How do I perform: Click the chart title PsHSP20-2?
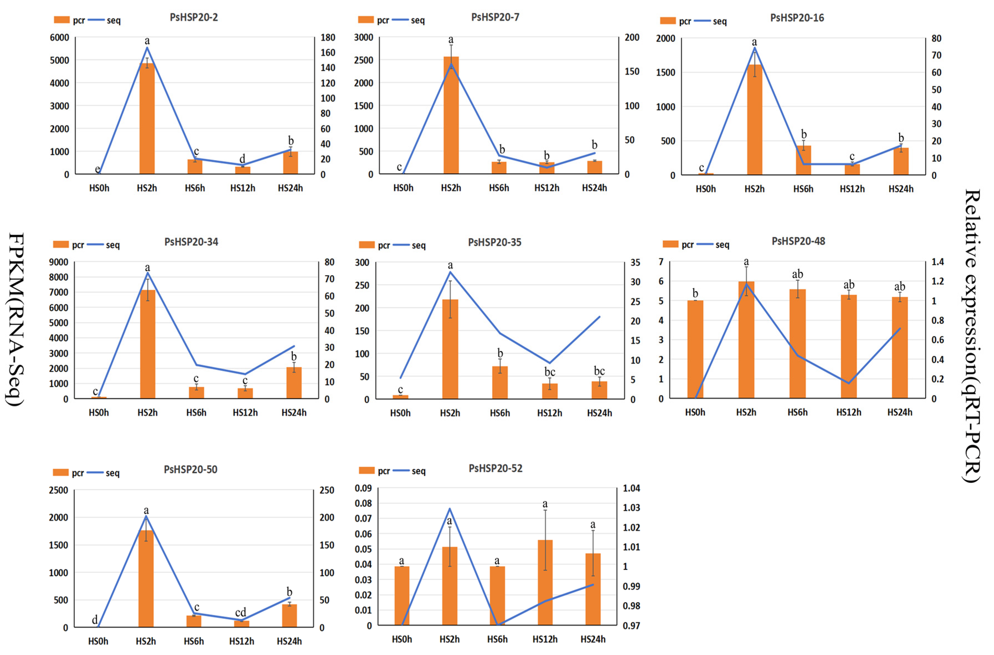(x=193, y=17)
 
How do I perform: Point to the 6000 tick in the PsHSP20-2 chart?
(x=60, y=38)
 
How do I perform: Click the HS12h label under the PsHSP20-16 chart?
(x=852, y=189)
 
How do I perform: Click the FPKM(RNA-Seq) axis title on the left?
(x=16, y=319)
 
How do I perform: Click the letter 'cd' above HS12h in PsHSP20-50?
(x=240, y=612)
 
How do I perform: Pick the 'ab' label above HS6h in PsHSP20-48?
(x=797, y=274)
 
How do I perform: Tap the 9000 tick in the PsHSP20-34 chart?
(x=59, y=262)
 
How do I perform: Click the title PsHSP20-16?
(x=797, y=18)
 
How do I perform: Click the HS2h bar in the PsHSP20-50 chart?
(x=146, y=579)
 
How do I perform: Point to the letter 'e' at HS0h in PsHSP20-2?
(x=97, y=169)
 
